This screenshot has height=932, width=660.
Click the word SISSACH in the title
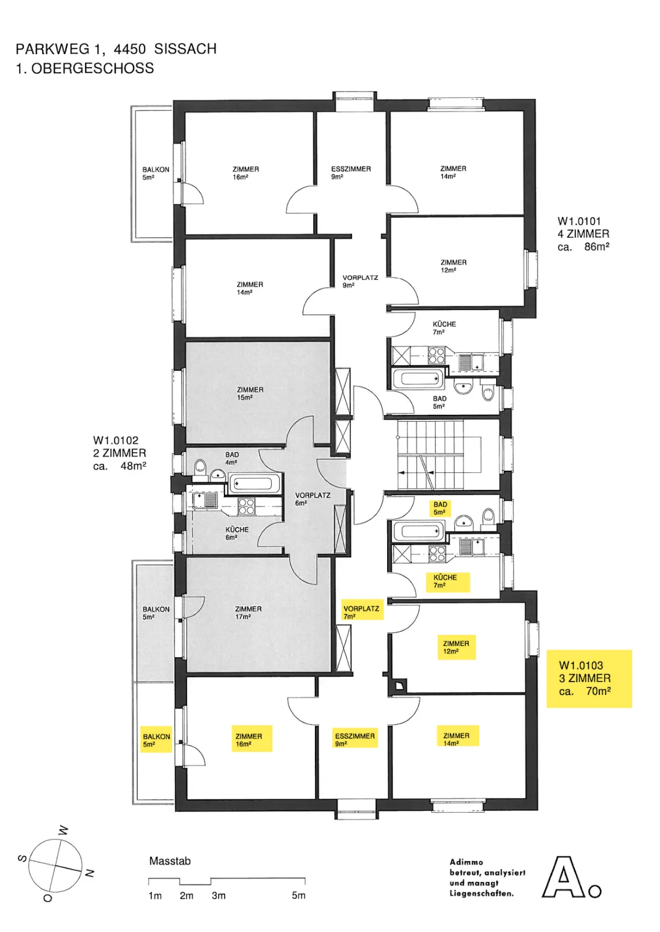185,49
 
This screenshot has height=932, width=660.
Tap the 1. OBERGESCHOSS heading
85,68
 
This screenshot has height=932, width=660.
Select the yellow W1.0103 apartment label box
589,679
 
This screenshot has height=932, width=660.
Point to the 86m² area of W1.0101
596,247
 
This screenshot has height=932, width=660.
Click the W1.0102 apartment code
116,440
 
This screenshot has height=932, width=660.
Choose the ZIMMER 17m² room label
248,612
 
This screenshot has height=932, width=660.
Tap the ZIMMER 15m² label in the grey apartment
250,393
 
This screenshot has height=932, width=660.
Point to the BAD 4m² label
232,458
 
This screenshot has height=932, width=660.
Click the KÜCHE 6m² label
237,533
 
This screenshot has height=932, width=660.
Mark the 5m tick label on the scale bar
299,895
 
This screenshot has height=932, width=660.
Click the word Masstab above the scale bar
170,861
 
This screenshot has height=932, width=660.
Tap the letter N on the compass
90,873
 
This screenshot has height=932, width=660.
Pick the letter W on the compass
63,831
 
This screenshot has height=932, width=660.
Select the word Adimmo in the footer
466,862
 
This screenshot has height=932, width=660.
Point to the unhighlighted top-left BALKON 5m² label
156,173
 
